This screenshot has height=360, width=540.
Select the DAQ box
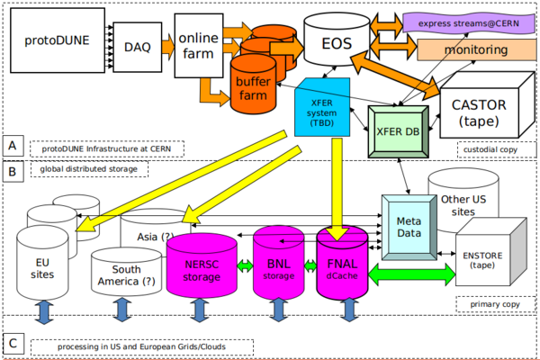pos(138,43)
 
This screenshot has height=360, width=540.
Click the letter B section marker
pos(12,168)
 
